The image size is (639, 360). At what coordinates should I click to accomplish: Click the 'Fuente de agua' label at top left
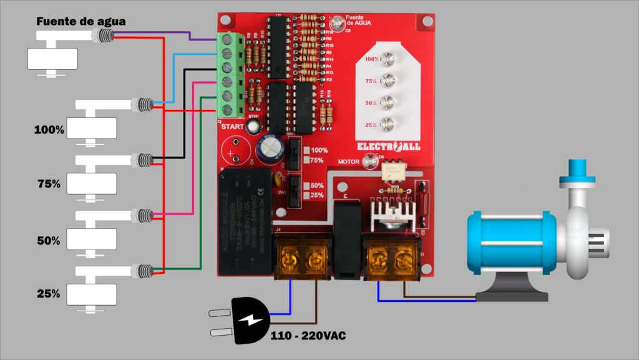(x=80, y=21)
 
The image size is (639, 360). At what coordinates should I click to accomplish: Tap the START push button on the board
(x=253, y=126)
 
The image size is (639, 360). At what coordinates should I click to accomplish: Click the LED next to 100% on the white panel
(x=388, y=59)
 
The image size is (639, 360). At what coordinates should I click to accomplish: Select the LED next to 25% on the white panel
(x=388, y=124)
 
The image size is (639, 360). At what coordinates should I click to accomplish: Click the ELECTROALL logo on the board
(x=388, y=146)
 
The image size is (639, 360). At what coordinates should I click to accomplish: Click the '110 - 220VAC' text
(x=308, y=336)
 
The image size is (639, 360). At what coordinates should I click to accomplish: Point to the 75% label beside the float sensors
(x=48, y=184)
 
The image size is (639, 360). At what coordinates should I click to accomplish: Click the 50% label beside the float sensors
(x=48, y=240)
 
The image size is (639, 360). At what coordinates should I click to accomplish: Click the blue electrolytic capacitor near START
(x=270, y=148)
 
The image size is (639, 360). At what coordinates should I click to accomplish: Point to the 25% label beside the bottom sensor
(x=48, y=293)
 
